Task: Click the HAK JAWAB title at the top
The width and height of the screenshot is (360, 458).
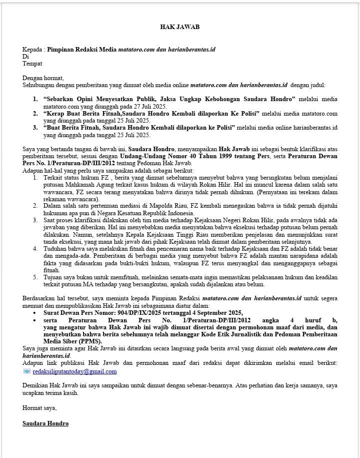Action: (x=179, y=27)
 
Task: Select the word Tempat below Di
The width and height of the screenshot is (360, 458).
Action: (x=32, y=64)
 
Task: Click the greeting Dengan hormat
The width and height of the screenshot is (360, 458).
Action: (x=43, y=78)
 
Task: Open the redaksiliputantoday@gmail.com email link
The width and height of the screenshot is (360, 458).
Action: (x=74, y=371)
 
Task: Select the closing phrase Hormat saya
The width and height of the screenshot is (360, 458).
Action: (x=39, y=407)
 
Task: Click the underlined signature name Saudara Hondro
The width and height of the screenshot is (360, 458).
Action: (x=45, y=423)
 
